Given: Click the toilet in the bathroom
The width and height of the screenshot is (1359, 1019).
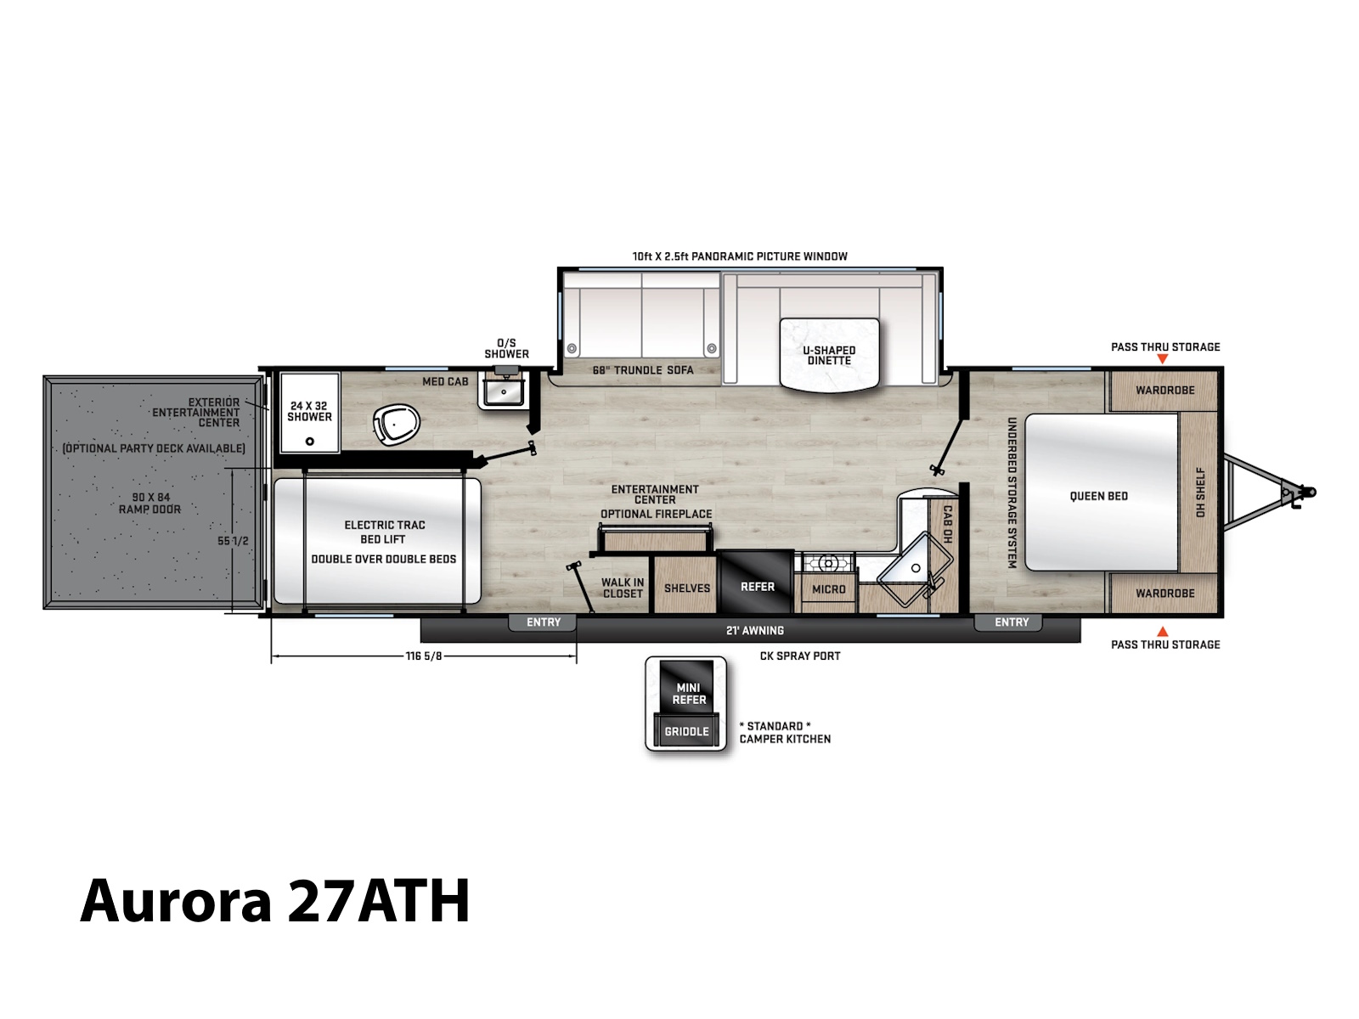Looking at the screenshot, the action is (397, 424).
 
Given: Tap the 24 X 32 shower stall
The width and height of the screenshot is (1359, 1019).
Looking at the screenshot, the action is (309, 412).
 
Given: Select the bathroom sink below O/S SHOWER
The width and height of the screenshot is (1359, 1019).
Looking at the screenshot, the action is (504, 392).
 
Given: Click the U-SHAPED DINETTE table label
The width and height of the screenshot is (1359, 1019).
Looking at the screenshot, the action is (829, 355).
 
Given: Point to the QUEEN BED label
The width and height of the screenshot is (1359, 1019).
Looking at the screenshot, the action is (1098, 496).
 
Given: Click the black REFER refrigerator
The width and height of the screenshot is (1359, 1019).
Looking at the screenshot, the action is (757, 582).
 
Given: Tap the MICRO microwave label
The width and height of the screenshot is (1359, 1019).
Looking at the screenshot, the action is (828, 589).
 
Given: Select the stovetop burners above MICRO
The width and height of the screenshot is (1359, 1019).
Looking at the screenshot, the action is (828, 563).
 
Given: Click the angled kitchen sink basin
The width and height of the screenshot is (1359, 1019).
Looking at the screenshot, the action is (915, 569).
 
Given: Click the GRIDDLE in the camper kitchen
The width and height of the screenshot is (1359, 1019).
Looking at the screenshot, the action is (686, 730).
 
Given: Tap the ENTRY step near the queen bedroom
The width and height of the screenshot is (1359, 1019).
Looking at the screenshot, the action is (1011, 622).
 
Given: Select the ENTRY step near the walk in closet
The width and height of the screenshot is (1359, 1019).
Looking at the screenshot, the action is (543, 622).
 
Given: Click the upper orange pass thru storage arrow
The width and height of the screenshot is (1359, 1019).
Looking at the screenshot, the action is (1162, 359).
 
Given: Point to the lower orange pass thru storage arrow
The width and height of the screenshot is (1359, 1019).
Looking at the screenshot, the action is (1162, 631).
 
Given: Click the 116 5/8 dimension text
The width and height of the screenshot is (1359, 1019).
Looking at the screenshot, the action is (424, 656).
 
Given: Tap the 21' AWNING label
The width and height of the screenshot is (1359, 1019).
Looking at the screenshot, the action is (755, 630).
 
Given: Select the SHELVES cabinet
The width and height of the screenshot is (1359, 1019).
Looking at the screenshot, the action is (686, 585).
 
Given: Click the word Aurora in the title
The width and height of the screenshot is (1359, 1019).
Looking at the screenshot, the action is (176, 901).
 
